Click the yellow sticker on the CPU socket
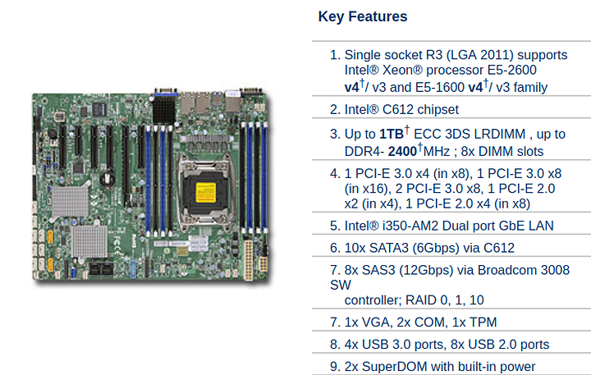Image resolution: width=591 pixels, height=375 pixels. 206,193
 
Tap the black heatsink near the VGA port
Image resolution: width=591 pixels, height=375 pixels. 164,109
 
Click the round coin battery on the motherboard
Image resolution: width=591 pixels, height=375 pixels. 108,178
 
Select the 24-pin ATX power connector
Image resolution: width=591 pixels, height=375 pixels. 248,260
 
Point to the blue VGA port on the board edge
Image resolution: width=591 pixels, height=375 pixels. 166,92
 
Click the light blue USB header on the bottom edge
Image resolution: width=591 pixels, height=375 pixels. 133,268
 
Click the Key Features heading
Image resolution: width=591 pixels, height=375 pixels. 363,16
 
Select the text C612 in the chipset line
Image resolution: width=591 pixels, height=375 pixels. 398,110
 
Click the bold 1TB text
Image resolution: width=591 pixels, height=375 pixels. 392,135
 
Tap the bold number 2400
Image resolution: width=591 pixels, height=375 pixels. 402,152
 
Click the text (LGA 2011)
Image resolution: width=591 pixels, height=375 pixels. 480,55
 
